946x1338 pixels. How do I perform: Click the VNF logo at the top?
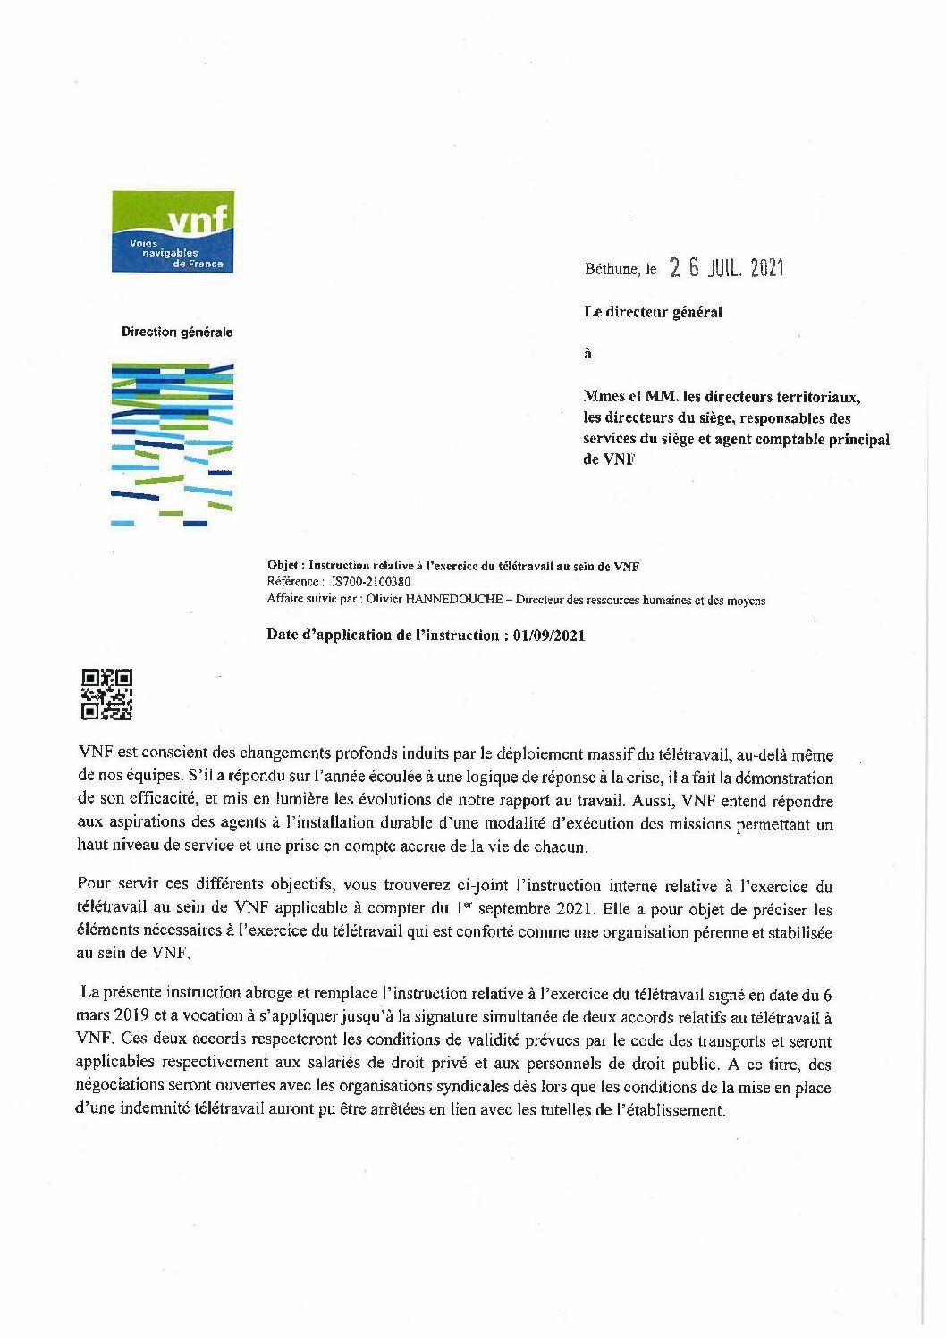pos(173,231)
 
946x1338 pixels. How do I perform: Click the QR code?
pos(107,694)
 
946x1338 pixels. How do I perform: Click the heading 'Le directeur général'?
pos(653,312)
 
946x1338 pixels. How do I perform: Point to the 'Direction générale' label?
pos(177,332)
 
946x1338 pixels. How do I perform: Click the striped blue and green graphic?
pos(173,443)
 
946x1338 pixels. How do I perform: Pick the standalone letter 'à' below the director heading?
pos(587,353)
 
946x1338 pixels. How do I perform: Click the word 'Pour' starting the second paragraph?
pos(95,886)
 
